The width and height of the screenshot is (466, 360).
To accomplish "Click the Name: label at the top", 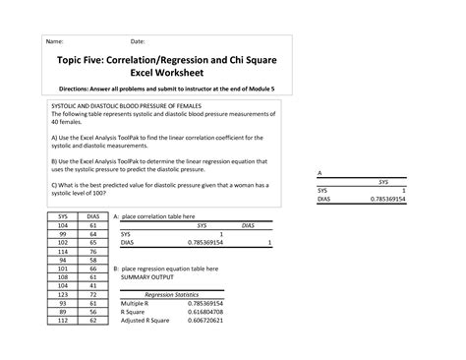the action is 55,42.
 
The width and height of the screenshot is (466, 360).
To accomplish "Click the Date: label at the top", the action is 138,42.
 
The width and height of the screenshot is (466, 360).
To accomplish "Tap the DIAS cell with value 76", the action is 91,251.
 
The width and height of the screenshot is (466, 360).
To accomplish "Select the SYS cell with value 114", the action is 62,251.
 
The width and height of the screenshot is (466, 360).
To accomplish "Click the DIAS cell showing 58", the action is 91,260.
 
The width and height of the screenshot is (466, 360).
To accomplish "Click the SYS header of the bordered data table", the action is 62,215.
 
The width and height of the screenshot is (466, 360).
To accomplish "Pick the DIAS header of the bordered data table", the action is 91,215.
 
